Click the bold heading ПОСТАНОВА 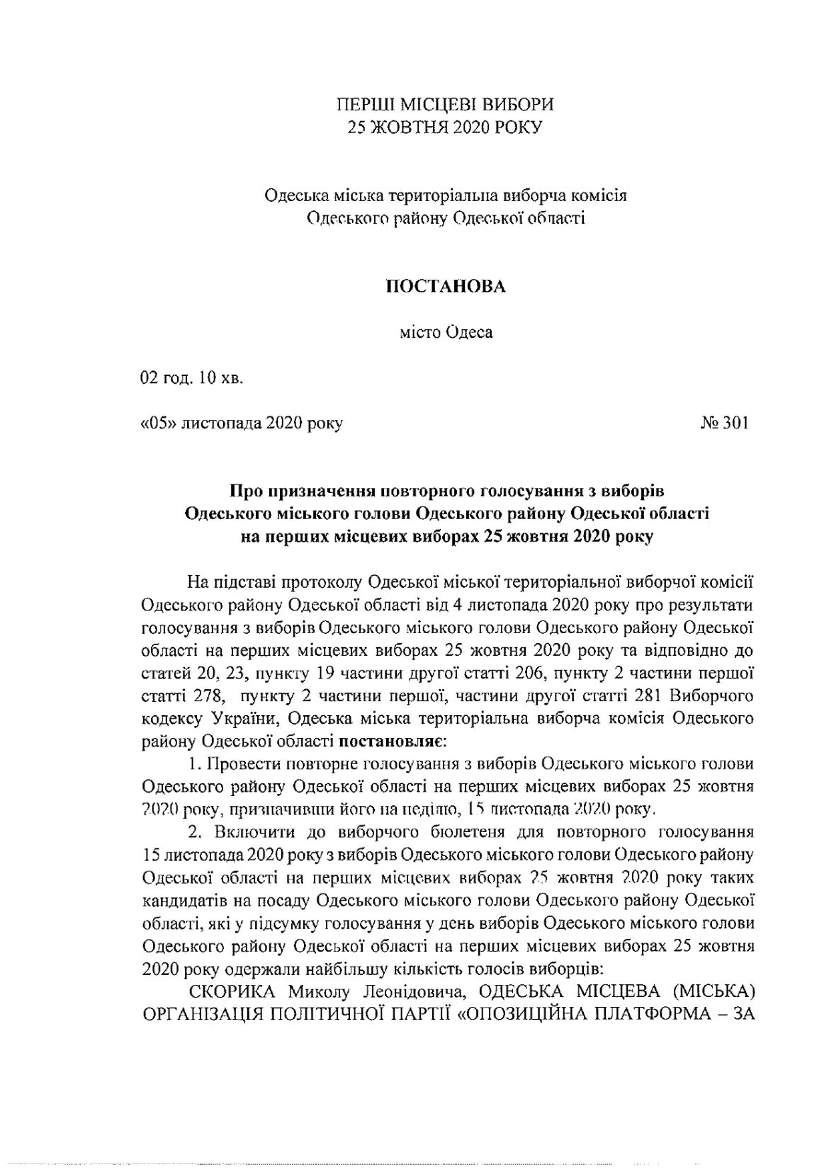tap(445, 286)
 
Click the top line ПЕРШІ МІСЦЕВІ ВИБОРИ tap(445, 106)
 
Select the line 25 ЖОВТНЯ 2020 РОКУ tap(445, 127)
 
